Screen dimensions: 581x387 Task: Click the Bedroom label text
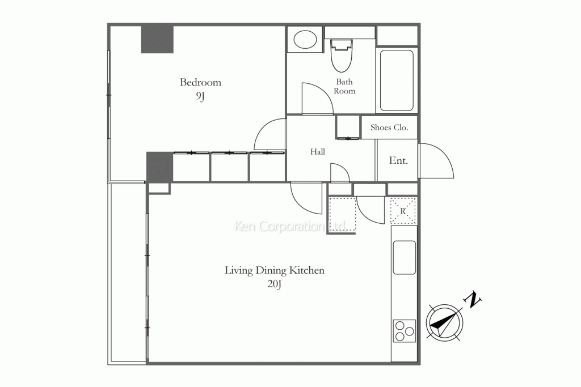200,82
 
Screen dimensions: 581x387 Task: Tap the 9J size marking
200,96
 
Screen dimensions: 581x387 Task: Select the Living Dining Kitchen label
275,270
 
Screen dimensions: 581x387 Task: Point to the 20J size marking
274,284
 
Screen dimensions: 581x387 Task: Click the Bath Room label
344,86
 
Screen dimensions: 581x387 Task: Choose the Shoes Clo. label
389,127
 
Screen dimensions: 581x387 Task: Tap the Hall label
318,152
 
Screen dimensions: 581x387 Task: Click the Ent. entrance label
398,160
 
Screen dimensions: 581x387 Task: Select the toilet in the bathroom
341,56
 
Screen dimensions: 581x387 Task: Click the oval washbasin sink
305,39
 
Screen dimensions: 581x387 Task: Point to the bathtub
397,80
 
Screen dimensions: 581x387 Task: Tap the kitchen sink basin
404,257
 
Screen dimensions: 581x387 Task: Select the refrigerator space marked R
403,211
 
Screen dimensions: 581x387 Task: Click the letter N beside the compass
473,300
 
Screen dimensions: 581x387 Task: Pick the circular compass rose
444,322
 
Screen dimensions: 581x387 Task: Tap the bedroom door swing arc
262,127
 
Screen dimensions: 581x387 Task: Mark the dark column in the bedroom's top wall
157,39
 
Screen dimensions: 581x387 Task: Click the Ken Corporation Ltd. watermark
291,226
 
